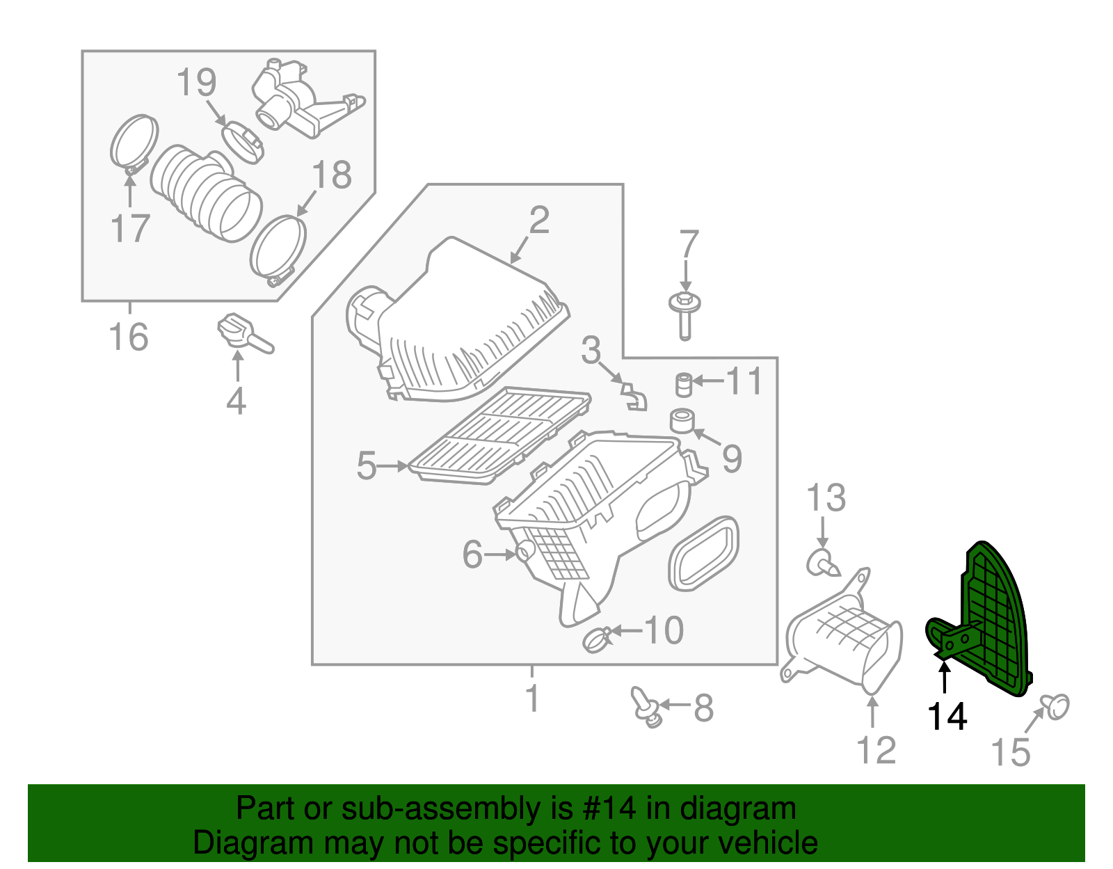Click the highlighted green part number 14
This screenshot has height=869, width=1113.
click(988, 619)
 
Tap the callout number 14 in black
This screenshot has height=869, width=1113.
click(947, 716)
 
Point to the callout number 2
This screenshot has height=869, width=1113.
click(539, 221)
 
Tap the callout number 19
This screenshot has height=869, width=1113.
click(196, 83)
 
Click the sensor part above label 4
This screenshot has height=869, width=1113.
click(240, 332)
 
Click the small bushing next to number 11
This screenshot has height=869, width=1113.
click(684, 384)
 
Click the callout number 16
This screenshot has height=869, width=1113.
click(129, 337)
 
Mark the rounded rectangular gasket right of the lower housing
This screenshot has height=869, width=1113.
click(703, 553)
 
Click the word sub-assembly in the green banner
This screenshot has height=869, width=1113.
click(422, 808)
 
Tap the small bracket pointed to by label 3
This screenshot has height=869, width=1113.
click(633, 394)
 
